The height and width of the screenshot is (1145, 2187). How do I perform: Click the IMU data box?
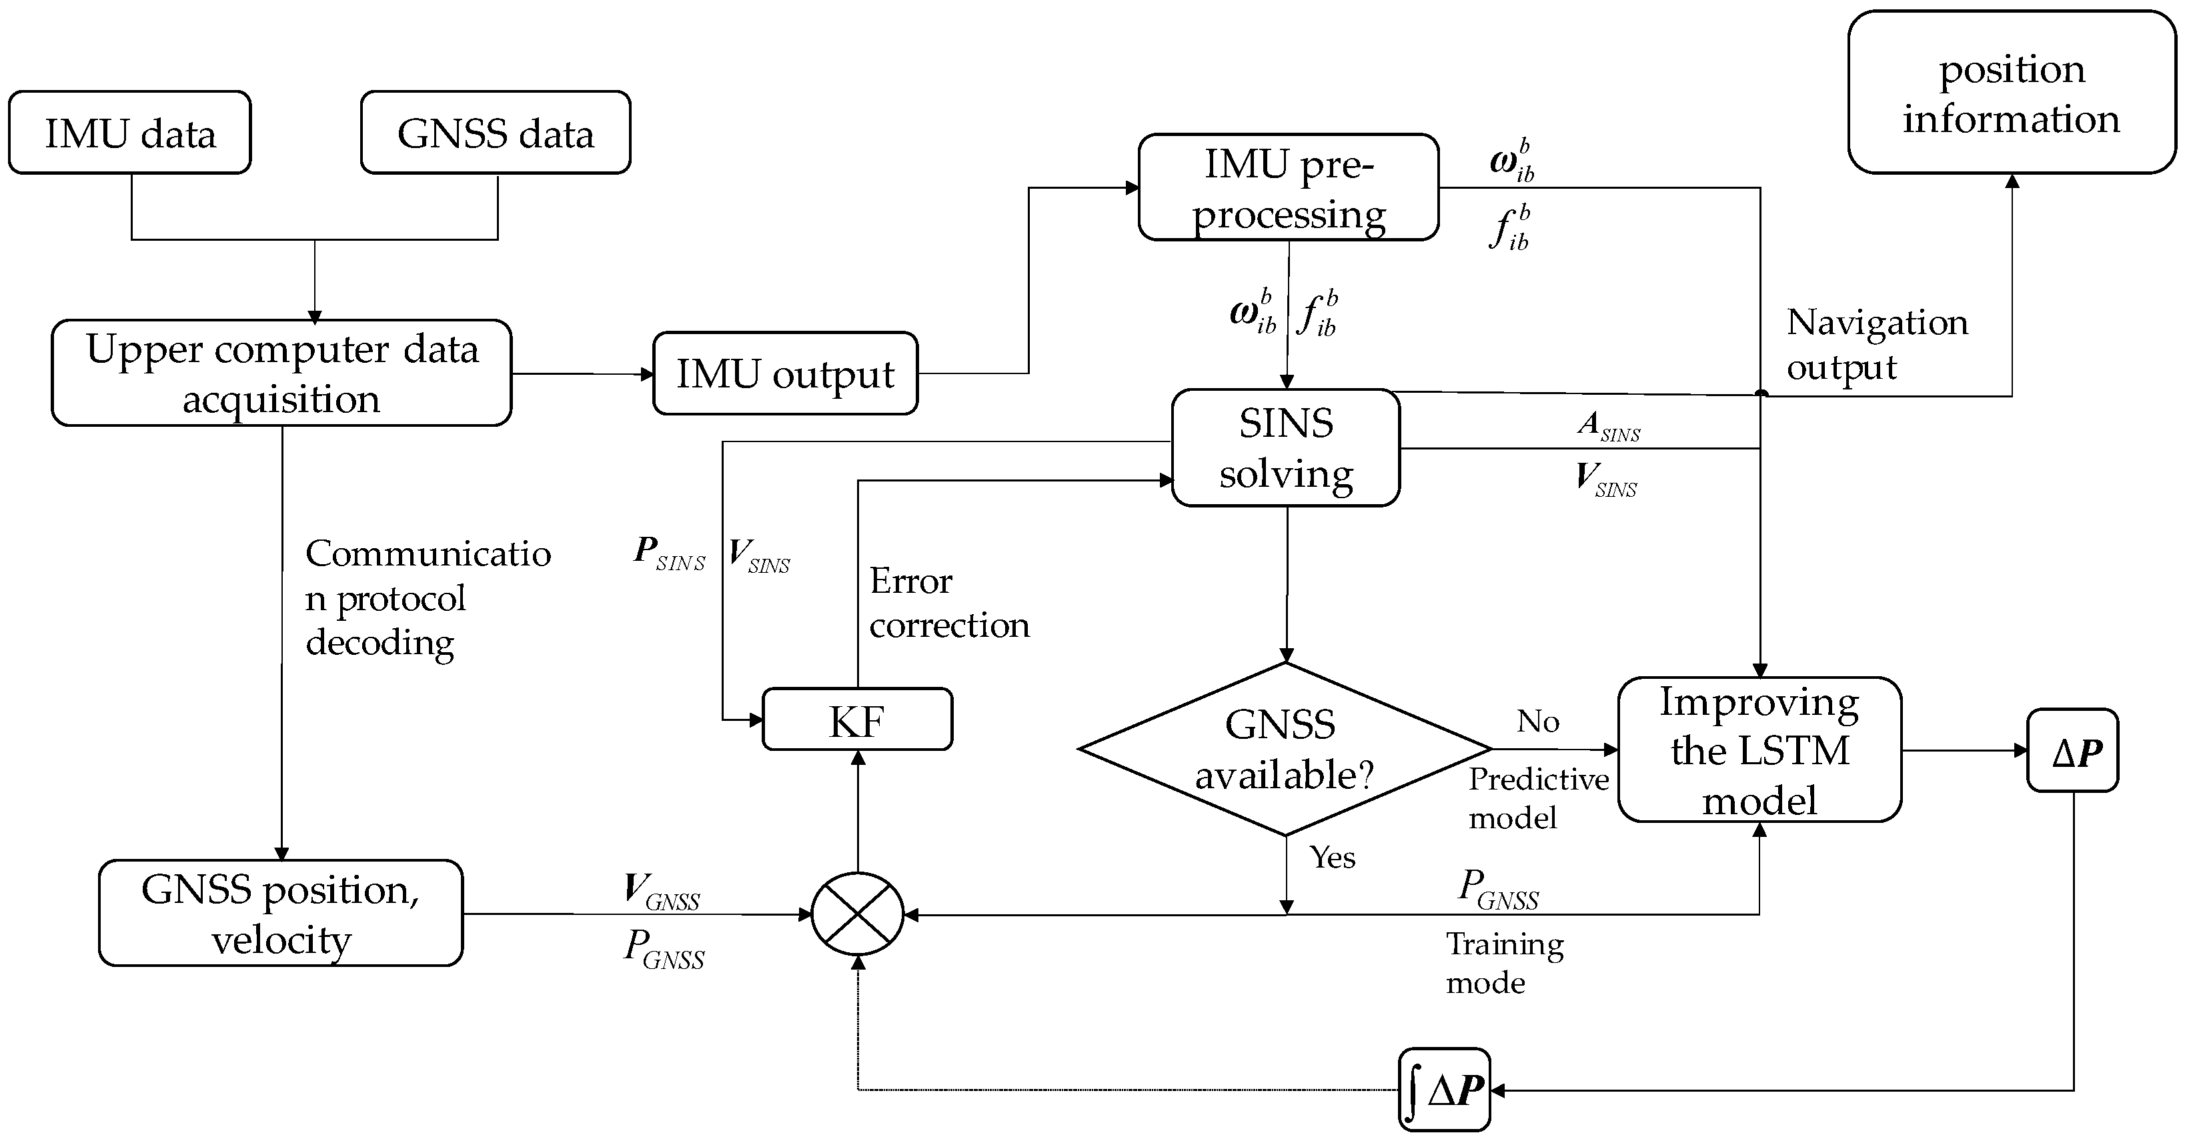[x=130, y=133]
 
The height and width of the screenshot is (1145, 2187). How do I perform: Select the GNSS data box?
[x=495, y=133]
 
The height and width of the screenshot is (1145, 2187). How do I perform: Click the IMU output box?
[x=784, y=373]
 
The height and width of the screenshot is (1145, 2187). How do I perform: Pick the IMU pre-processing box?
[x=1288, y=187]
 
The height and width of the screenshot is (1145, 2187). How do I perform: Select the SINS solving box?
[x=1285, y=448]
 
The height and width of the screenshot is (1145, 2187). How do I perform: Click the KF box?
[x=858, y=720]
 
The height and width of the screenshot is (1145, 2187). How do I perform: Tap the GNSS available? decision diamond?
[x=1284, y=750]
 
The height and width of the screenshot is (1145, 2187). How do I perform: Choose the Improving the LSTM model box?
[x=1759, y=750]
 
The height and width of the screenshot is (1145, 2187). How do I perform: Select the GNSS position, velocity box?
[x=280, y=914]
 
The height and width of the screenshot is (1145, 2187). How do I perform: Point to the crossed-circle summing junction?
[x=858, y=914]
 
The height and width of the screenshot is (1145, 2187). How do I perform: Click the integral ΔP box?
[x=1444, y=1090]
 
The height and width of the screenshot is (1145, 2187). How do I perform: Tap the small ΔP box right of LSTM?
[x=2072, y=751]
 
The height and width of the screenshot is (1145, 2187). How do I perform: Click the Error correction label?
[x=948, y=603]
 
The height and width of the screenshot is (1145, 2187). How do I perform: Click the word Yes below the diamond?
[x=1332, y=858]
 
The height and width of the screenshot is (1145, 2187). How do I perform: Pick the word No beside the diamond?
[x=1537, y=722]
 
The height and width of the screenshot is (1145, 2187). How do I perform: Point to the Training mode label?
[x=1503, y=962]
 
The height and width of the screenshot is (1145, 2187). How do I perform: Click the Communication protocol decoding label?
[x=427, y=598]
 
